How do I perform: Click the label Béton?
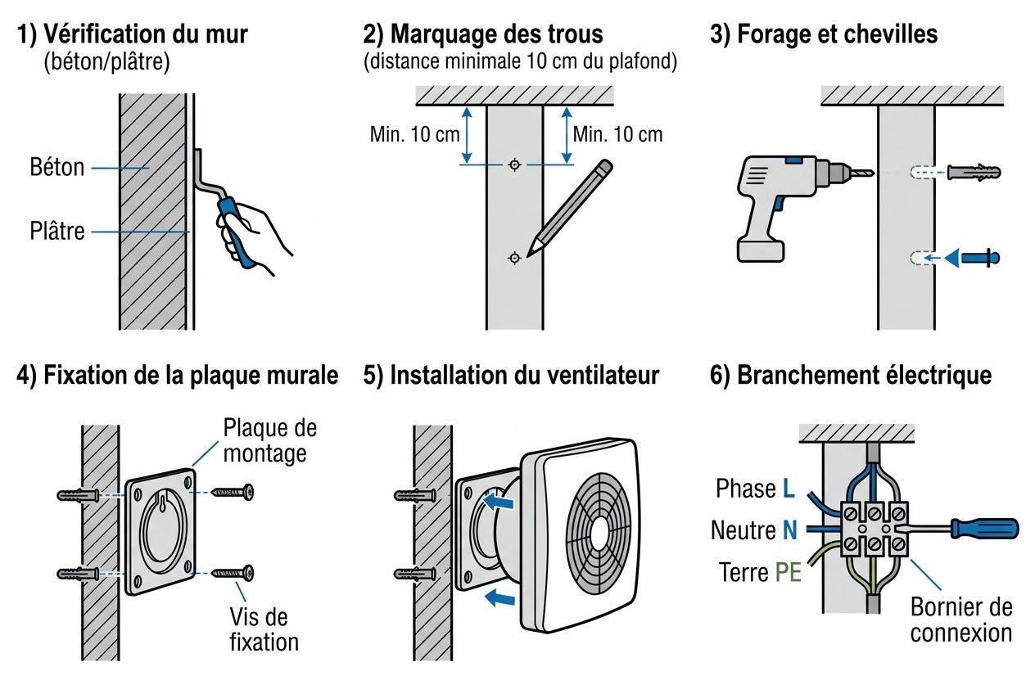click(56, 168)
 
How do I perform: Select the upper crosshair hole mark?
click(514, 164)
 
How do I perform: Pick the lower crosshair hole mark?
click(514, 259)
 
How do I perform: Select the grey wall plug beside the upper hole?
click(974, 173)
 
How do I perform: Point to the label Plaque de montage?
click(269, 440)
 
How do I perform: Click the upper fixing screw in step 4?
click(234, 492)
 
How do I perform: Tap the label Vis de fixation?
click(259, 629)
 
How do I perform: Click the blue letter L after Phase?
click(788, 489)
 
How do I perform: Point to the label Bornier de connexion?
click(960, 620)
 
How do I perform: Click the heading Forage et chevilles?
click(837, 34)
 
